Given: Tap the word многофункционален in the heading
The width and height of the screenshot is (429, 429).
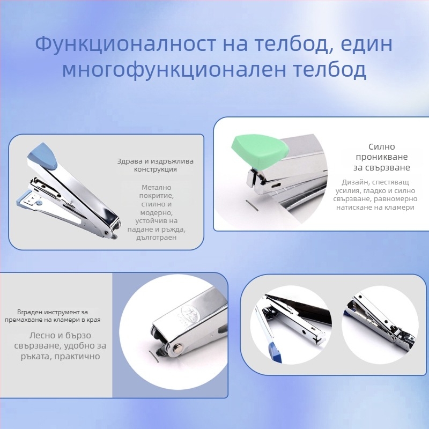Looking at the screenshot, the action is click(x=174, y=70).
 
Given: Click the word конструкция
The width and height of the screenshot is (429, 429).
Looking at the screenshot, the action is click(x=156, y=169).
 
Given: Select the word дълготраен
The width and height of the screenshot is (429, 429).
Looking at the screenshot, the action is click(x=157, y=238).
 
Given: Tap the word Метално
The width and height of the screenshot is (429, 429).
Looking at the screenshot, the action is click(x=157, y=187).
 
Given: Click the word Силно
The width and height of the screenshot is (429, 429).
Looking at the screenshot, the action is click(x=382, y=146).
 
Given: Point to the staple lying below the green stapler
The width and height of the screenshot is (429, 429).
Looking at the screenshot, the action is click(x=252, y=205).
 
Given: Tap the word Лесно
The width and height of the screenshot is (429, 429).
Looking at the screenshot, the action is click(x=41, y=336).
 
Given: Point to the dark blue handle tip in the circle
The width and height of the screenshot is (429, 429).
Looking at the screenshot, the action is click(x=276, y=352).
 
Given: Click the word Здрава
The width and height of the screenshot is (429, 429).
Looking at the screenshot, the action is click(x=128, y=161).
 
